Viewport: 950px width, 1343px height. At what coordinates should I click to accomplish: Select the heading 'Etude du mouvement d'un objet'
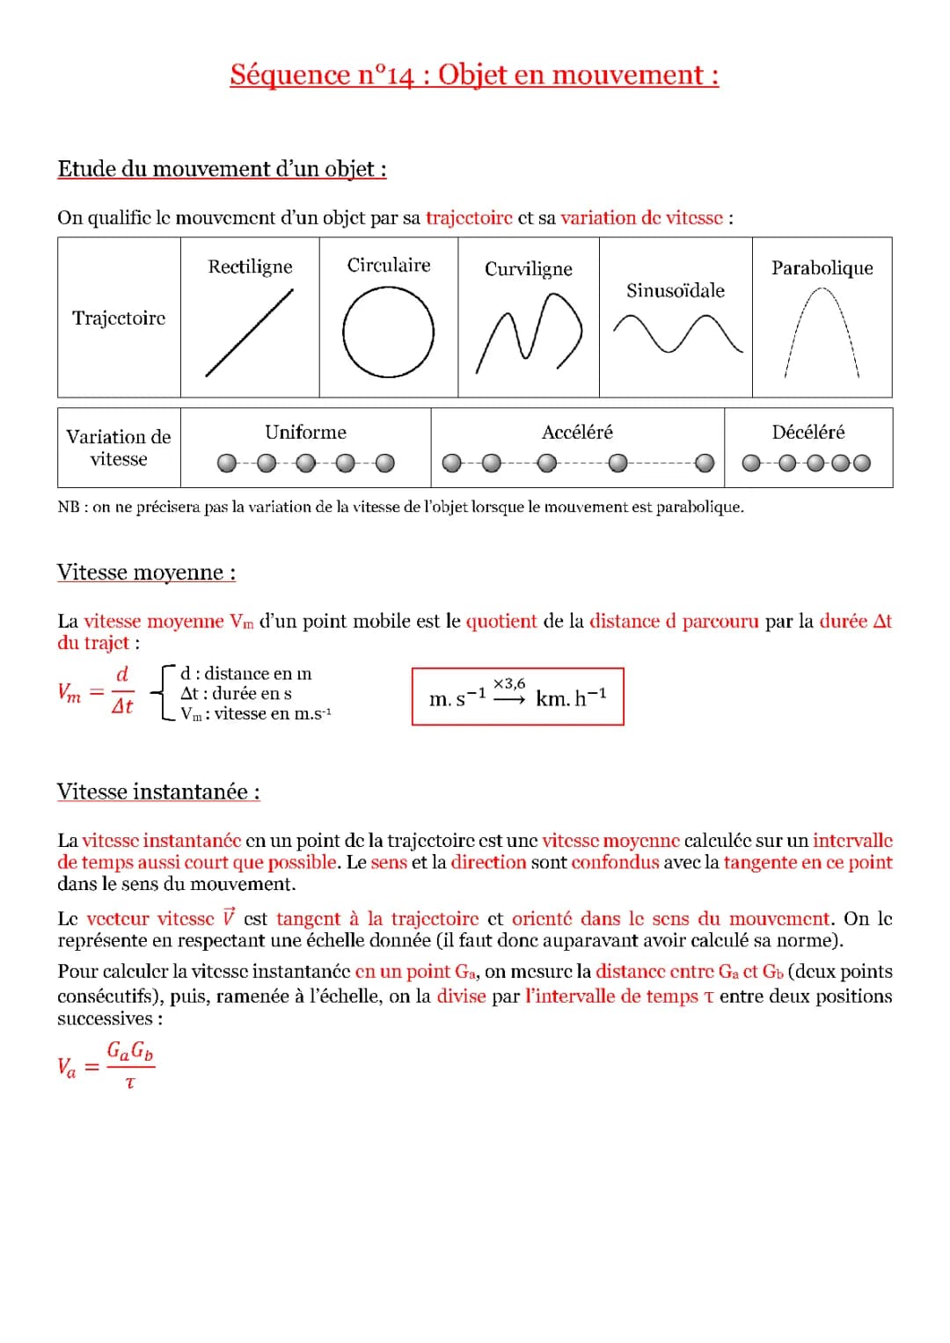coord(222,169)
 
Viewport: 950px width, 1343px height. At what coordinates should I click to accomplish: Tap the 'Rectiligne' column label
coord(250,266)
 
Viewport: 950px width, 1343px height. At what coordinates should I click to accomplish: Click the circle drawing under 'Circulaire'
coord(388,333)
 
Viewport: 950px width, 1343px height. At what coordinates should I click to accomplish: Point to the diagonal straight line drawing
coord(249,333)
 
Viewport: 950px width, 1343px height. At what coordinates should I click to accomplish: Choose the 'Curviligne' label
coord(528,269)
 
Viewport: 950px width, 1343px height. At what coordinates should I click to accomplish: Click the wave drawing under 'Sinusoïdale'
coord(676,335)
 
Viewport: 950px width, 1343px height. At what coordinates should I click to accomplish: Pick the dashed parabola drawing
coord(822,332)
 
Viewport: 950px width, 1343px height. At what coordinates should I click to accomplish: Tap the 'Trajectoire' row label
coord(119,318)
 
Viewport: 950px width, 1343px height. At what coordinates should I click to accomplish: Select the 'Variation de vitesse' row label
coord(119,448)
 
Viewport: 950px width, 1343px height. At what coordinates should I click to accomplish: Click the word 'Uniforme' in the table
coord(305,433)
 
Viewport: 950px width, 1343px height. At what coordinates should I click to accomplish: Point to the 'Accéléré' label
coord(577,433)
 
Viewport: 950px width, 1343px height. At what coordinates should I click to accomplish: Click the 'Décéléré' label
coord(807,433)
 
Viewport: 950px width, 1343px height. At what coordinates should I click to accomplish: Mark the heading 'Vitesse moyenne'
coord(146,573)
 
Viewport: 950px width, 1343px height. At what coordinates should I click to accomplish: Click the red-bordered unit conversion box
coord(517,697)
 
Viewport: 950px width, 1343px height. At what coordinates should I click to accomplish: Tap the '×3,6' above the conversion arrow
coord(509,683)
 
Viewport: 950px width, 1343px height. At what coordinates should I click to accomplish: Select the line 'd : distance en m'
coord(245,674)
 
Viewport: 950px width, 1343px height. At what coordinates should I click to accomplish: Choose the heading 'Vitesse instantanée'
coord(158,792)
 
